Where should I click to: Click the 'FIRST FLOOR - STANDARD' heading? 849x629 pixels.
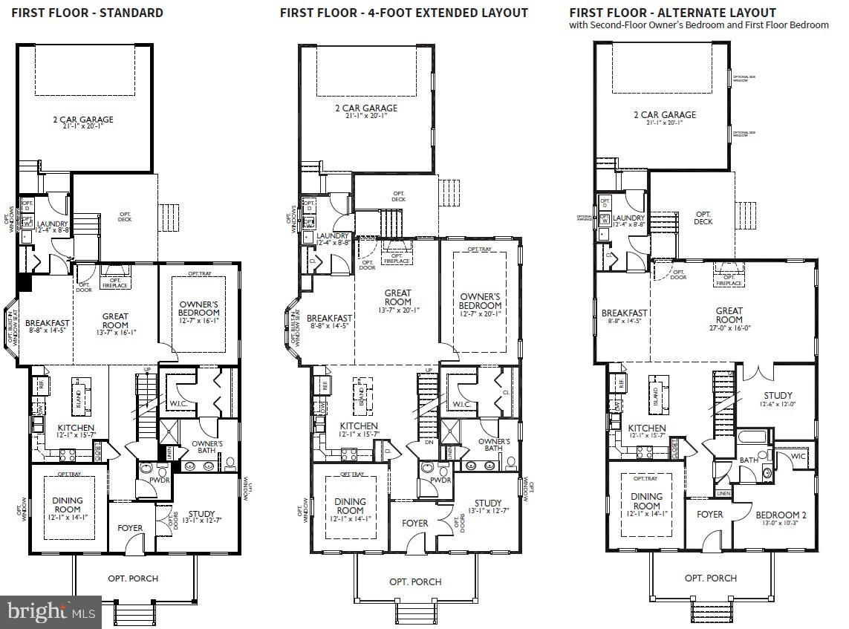pos(87,13)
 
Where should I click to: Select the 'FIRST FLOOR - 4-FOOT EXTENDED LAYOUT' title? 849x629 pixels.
pos(403,13)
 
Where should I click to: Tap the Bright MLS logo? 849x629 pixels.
pos(51,612)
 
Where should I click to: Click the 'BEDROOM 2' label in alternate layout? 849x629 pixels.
pos(781,515)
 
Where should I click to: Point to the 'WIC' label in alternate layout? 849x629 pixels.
pos(798,455)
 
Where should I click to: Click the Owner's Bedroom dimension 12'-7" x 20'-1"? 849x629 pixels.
pos(480,314)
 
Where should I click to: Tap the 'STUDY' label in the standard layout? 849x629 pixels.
pos(201,513)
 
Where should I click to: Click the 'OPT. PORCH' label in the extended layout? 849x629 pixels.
pos(415,581)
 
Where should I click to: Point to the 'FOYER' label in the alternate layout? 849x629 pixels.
pos(709,515)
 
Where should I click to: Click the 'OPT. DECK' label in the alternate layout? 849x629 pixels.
pos(703,218)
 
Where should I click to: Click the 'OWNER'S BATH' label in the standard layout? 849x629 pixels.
pos(207,448)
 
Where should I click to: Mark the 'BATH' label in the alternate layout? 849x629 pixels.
pos(748,460)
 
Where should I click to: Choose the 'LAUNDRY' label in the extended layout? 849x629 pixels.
pos(332,235)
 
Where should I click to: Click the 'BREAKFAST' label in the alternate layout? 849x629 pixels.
pos(625,313)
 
